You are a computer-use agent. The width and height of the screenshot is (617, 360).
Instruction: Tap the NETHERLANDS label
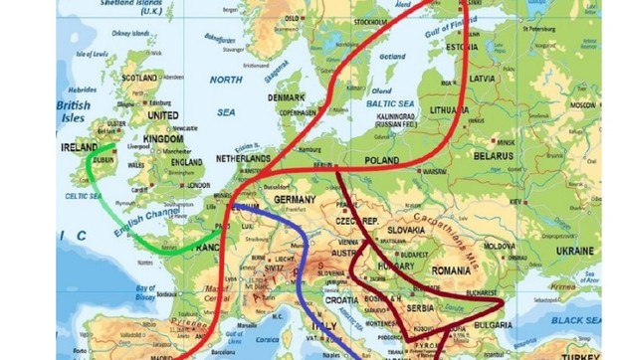243,158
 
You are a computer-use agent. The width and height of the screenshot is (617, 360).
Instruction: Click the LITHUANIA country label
448,110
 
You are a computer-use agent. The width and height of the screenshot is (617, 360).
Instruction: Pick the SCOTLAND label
139,78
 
